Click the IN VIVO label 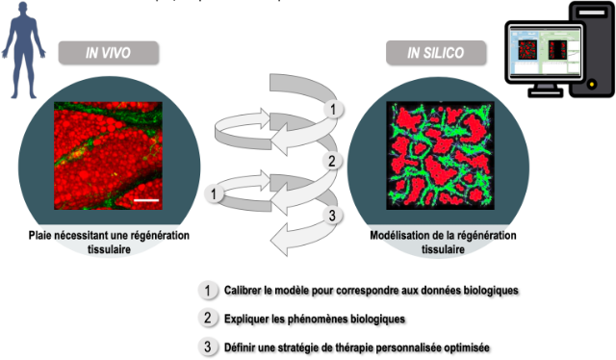(x=109, y=53)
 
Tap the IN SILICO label (x=436, y=53)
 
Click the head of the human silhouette (x=23, y=9)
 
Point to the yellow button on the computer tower (x=592, y=84)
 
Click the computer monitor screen (x=545, y=51)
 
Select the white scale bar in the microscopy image (x=146, y=200)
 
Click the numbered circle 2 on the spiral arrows (x=332, y=161)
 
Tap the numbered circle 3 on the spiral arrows (x=332, y=216)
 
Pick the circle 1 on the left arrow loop (x=214, y=193)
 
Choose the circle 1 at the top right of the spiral (x=333, y=110)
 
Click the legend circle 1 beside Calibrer (x=208, y=291)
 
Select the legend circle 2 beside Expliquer (x=208, y=318)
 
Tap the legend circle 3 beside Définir (x=208, y=347)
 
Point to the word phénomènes (x=317, y=319)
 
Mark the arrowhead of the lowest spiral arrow (x=279, y=240)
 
